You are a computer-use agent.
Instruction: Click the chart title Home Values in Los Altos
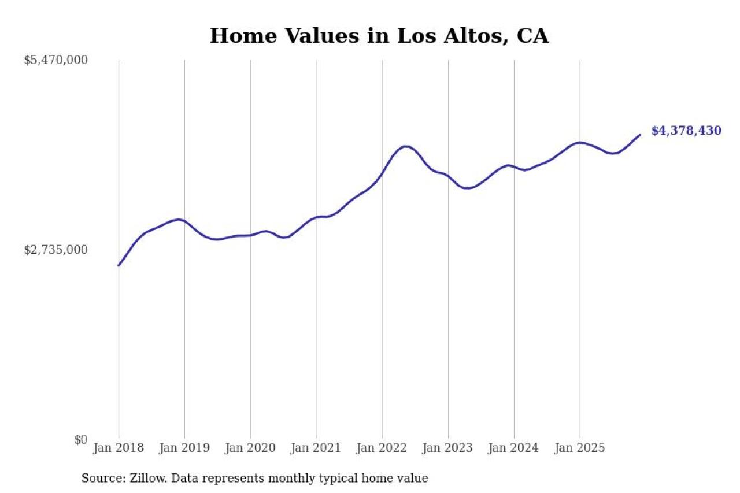coord(379,36)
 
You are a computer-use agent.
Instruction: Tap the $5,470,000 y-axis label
coord(55,60)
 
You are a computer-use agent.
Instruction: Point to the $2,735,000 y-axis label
coord(55,250)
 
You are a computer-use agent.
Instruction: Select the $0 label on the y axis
coord(80,440)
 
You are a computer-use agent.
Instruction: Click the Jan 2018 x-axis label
coord(119,448)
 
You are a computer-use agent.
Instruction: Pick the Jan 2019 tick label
coord(184,448)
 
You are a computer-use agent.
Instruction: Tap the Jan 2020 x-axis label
coord(250,448)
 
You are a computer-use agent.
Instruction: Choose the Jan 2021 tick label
coord(316,448)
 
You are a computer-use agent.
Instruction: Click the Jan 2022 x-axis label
coord(382,448)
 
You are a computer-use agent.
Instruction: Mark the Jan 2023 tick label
coord(448,448)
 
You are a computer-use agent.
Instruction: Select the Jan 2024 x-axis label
coord(514,448)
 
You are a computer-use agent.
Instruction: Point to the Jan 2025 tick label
coord(580,448)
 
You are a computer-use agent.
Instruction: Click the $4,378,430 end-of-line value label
coord(686,131)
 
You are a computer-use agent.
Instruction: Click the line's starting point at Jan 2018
coord(119,265)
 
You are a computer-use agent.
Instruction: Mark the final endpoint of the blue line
coord(639,135)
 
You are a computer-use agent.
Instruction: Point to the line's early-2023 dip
coord(468,188)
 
